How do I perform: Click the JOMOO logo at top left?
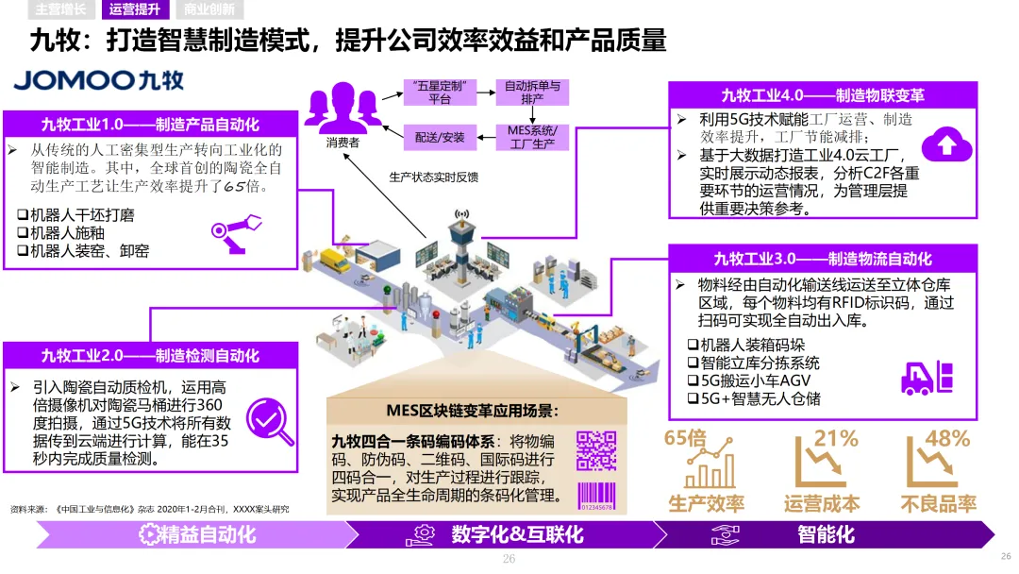tap(99, 80)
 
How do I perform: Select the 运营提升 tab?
tap(135, 10)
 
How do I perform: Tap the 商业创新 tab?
tap(209, 10)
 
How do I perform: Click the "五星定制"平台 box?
tap(440, 92)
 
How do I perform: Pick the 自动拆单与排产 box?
tap(532, 92)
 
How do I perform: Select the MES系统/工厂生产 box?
tap(532, 137)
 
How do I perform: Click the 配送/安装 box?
tap(440, 137)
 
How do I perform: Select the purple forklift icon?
tap(927, 378)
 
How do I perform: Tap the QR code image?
tap(595, 451)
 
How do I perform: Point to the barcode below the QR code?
tap(595, 497)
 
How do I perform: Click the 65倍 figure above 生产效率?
tap(685, 438)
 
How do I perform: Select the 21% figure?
tap(836, 438)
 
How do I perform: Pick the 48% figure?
tap(947, 438)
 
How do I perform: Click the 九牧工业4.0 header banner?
tap(822, 95)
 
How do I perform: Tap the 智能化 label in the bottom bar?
tap(826, 534)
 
